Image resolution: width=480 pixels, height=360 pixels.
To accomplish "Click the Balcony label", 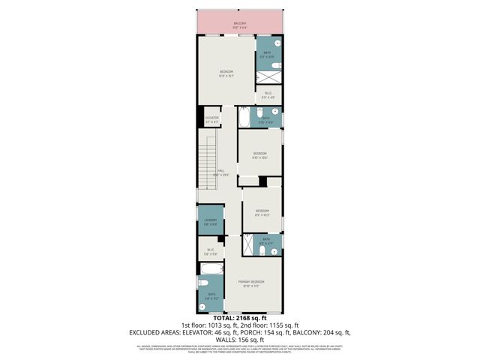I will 240,24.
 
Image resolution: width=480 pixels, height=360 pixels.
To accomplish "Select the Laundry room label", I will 211,221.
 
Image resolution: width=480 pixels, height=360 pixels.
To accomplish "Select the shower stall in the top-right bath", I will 268,76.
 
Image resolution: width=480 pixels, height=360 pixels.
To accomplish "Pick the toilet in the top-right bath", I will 277,64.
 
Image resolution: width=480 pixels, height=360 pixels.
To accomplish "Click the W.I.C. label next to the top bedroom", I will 268,94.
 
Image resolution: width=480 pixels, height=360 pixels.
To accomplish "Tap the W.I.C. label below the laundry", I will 210,251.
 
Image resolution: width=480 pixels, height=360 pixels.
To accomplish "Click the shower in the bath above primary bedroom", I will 248,244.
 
